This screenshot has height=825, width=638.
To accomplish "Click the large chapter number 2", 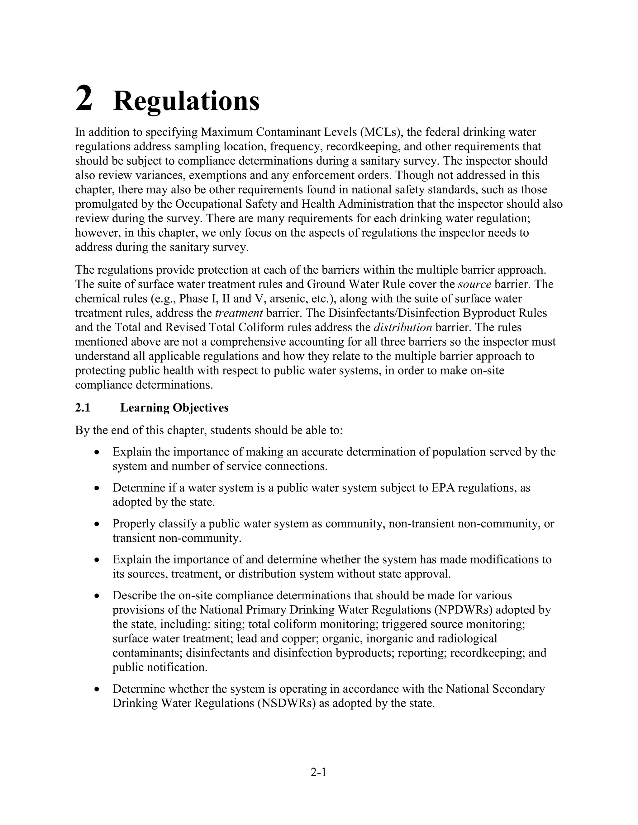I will (x=84, y=98).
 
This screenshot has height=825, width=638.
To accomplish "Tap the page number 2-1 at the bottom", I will (x=318, y=772).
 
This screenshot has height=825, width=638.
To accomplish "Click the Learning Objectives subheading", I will (x=174, y=408).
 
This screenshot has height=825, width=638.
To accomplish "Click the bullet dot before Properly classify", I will (x=98, y=524).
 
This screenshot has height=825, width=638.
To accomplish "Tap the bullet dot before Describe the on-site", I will (x=98, y=596).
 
